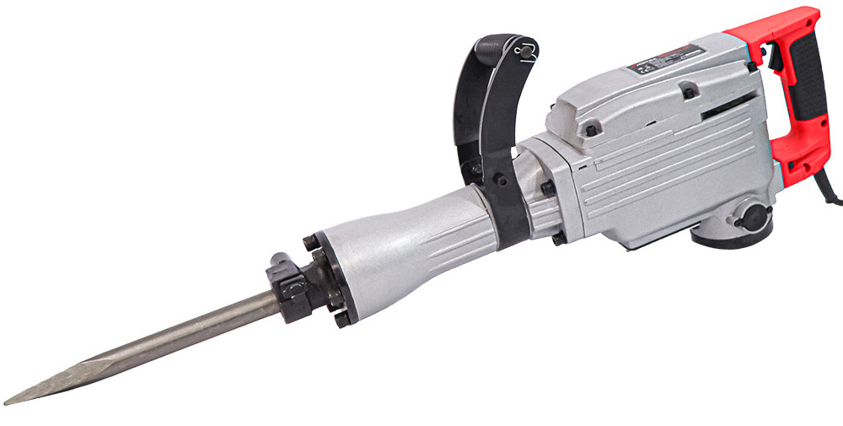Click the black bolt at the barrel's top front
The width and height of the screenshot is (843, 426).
[312, 243]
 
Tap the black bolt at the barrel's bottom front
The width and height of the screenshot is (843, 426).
[341, 318]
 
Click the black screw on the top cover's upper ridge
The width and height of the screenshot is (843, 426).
[690, 90]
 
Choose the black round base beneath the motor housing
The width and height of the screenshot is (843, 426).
[725, 237]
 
